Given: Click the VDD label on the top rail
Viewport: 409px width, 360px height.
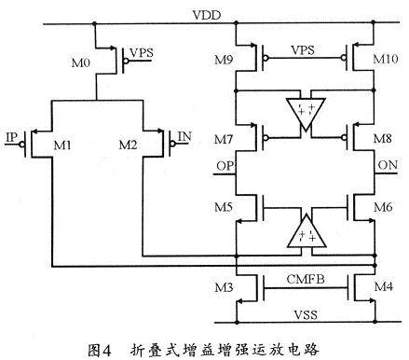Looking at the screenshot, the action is pyautogui.click(x=207, y=15).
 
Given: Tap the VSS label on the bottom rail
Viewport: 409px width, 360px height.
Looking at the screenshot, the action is pyautogui.click(x=306, y=314).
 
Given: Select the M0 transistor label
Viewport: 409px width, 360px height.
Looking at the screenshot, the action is pyautogui.click(x=81, y=62).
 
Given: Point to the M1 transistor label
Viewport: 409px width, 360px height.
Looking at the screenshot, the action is pyautogui.click(x=62, y=145).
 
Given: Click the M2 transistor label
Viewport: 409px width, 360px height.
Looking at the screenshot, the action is pyautogui.click(x=128, y=145).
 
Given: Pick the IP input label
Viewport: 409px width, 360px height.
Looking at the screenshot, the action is pyautogui.click(x=12, y=137).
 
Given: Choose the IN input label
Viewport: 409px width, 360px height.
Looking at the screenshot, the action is pyautogui.click(x=184, y=136).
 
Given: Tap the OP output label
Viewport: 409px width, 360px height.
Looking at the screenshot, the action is pyautogui.click(x=225, y=166).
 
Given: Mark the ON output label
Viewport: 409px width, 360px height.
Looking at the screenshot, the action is pyautogui.click(x=388, y=165).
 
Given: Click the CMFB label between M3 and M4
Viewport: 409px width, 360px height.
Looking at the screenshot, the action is pyautogui.click(x=306, y=279).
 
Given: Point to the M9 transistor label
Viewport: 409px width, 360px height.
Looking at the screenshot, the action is pyautogui.click(x=224, y=60).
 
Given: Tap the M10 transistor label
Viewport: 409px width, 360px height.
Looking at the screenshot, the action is pyautogui.click(x=385, y=59).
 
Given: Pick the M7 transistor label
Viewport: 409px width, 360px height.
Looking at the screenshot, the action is pyautogui.click(x=224, y=139).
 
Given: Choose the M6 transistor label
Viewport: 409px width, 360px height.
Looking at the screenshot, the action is pyautogui.click(x=383, y=207).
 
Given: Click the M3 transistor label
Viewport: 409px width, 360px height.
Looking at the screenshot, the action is pyautogui.click(x=224, y=287).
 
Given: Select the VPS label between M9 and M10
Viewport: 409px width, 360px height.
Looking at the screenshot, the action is pyautogui.click(x=303, y=50).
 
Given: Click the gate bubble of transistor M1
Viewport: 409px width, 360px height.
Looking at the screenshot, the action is pyautogui.click(x=21, y=145).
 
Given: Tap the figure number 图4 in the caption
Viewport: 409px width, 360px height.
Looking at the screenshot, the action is pyautogui.click(x=99, y=351).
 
